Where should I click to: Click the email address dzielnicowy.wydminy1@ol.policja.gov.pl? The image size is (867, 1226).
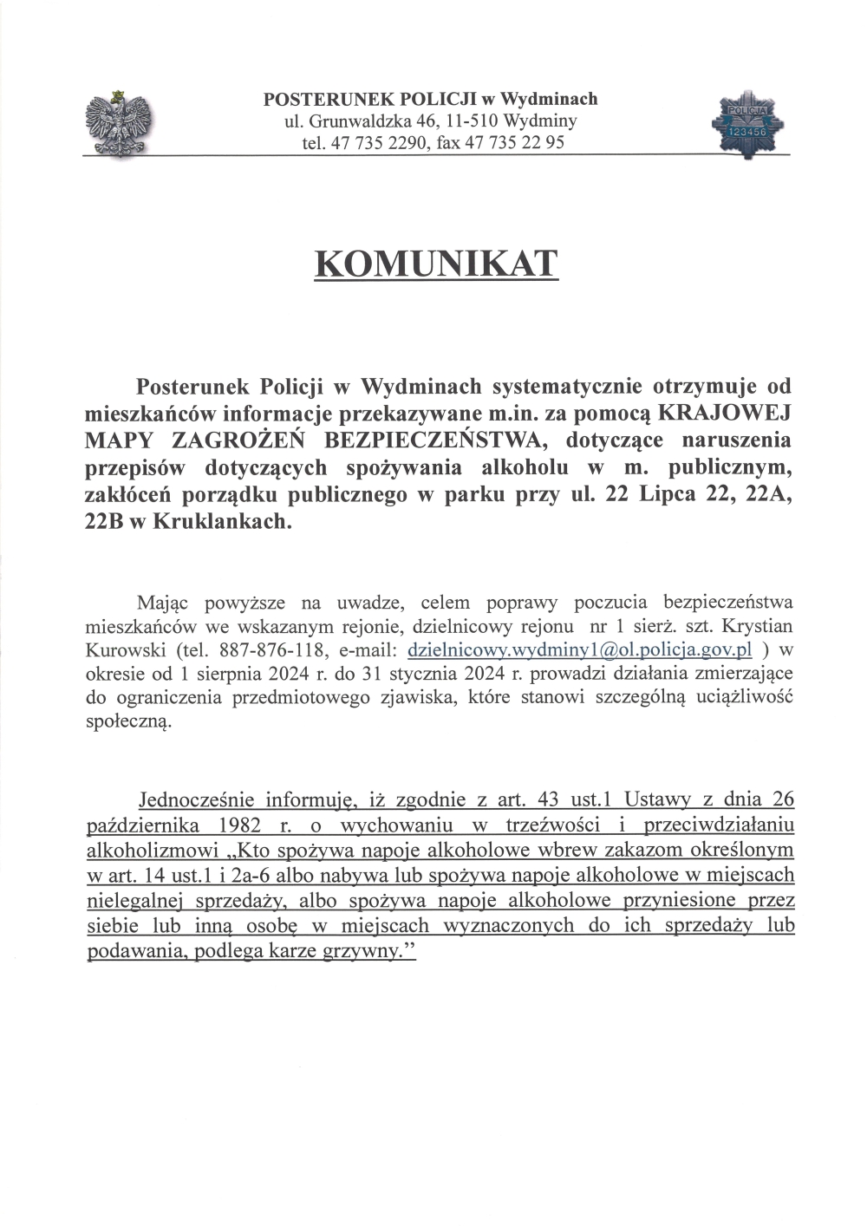tap(578, 649)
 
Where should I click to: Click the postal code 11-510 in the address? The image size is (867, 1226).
tap(466, 121)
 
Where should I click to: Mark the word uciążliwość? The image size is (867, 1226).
tap(742, 698)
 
